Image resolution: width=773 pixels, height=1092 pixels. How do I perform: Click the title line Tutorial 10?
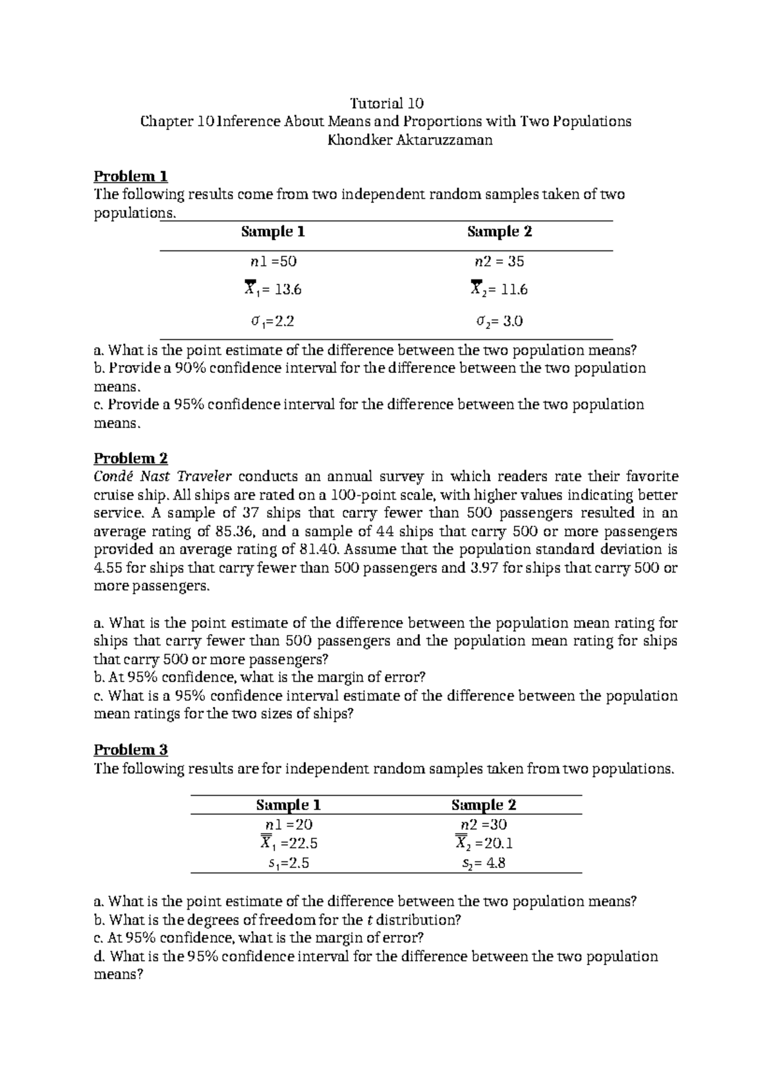(386, 103)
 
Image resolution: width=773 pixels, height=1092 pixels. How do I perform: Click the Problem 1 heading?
(131, 176)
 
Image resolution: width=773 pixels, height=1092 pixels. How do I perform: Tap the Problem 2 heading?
(131, 458)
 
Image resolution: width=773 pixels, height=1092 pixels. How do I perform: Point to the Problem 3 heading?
(131, 749)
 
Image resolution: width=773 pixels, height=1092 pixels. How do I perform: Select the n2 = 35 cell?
(499, 261)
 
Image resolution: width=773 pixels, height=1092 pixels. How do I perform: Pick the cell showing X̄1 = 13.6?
(273, 290)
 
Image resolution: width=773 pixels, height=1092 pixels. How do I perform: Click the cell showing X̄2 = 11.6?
(499, 290)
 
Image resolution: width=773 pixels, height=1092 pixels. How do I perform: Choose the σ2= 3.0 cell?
(499, 321)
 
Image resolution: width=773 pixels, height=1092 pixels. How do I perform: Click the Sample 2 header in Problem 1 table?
(499, 232)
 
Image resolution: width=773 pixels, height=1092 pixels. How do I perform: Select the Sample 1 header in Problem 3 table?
(289, 805)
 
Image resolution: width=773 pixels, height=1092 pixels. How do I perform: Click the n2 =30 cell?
(483, 825)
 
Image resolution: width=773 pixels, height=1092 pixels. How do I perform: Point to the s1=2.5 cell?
(289, 863)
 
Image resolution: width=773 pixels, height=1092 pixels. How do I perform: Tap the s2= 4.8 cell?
(483, 863)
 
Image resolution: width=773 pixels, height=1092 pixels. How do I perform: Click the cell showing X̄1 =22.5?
(289, 843)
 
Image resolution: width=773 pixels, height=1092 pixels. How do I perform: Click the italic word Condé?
(113, 476)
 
